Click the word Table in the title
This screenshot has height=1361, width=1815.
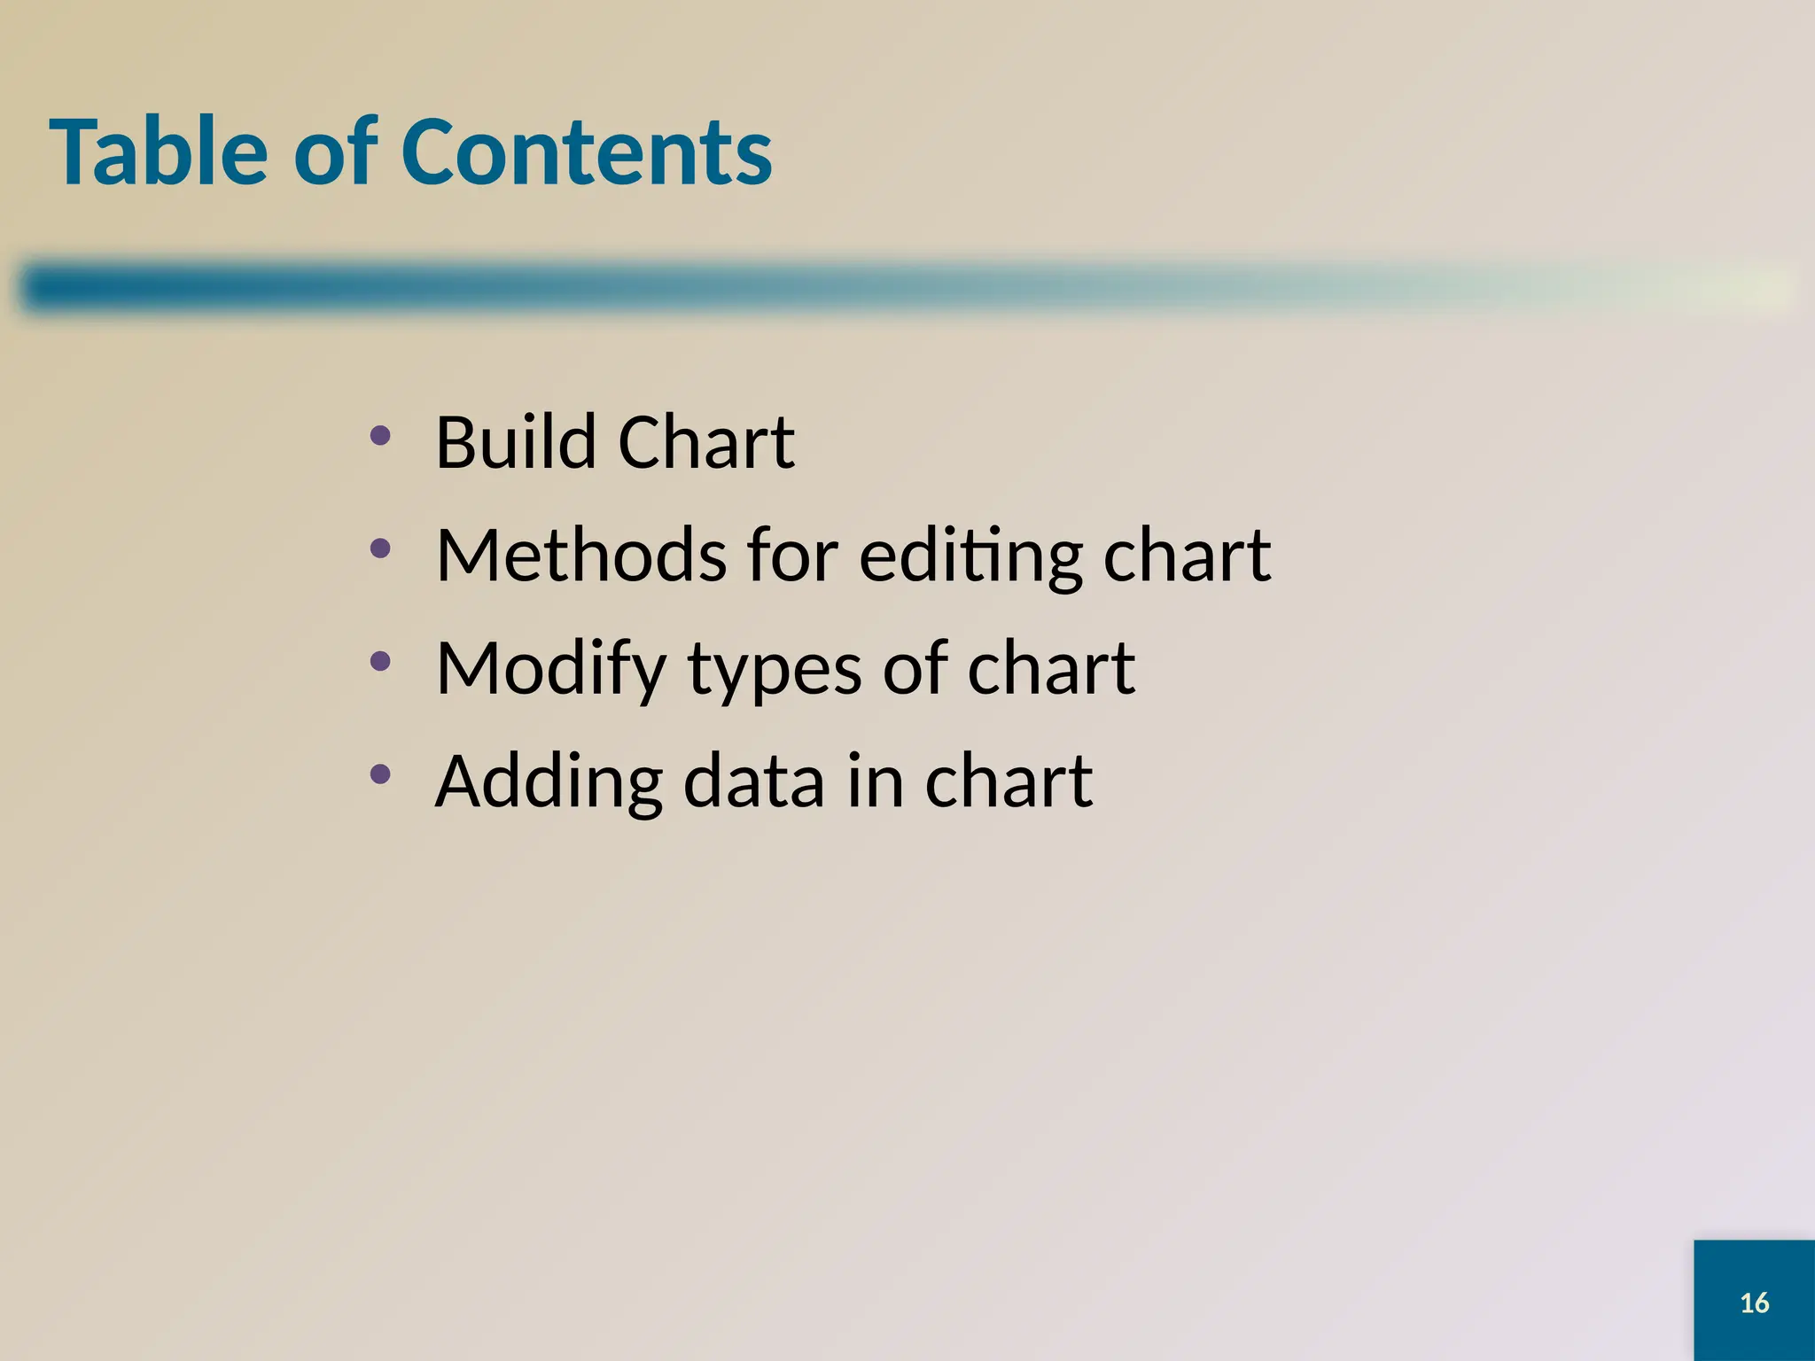point(159,152)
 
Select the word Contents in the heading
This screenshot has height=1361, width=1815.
point(587,152)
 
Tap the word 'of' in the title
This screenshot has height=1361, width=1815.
point(335,152)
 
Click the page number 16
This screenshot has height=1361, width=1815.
point(1754,1303)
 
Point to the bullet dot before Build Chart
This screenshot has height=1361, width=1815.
point(380,435)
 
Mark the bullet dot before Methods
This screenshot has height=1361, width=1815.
point(380,548)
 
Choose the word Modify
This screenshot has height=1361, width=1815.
point(550,670)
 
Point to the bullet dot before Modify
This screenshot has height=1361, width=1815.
point(380,661)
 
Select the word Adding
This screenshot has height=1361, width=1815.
point(549,783)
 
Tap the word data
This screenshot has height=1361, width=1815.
point(754,782)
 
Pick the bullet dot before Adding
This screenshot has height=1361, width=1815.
point(380,774)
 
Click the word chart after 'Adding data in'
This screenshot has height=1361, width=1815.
point(1009,782)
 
